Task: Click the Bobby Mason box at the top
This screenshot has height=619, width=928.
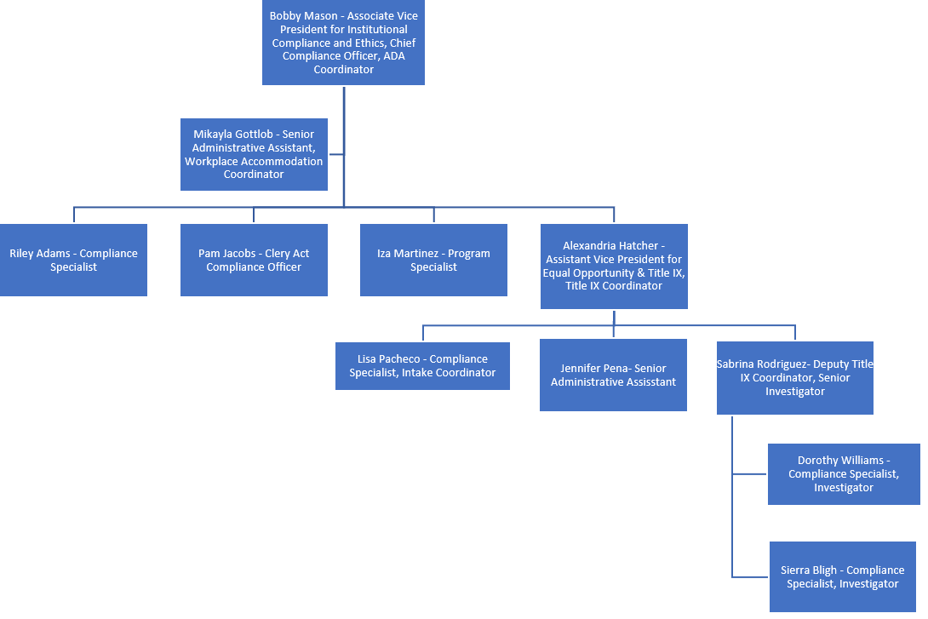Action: click(343, 43)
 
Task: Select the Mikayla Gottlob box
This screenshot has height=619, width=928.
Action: click(254, 154)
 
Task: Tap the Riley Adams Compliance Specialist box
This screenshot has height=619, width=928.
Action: click(73, 260)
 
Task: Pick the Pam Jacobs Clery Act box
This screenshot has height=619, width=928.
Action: click(254, 260)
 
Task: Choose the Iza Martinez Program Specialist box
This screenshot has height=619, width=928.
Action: click(433, 260)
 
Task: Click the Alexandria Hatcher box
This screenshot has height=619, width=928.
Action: click(614, 266)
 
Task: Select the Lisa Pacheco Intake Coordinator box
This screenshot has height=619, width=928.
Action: click(422, 366)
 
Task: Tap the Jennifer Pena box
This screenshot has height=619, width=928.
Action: click(613, 375)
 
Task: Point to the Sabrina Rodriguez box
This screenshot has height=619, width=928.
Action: click(794, 377)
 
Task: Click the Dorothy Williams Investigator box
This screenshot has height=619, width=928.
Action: click(844, 474)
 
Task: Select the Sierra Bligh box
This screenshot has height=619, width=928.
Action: click(842, 576)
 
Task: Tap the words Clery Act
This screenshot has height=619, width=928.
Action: click(287, 254)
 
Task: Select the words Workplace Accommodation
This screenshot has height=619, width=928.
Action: click(254, 161)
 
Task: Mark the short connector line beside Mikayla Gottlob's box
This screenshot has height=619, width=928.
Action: click(335, 154)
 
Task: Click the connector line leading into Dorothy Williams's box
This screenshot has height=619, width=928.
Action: click(750, 473)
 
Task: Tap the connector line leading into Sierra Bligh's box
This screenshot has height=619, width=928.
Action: click(751, 576)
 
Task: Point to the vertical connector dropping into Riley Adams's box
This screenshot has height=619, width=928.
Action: click(74, 215)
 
